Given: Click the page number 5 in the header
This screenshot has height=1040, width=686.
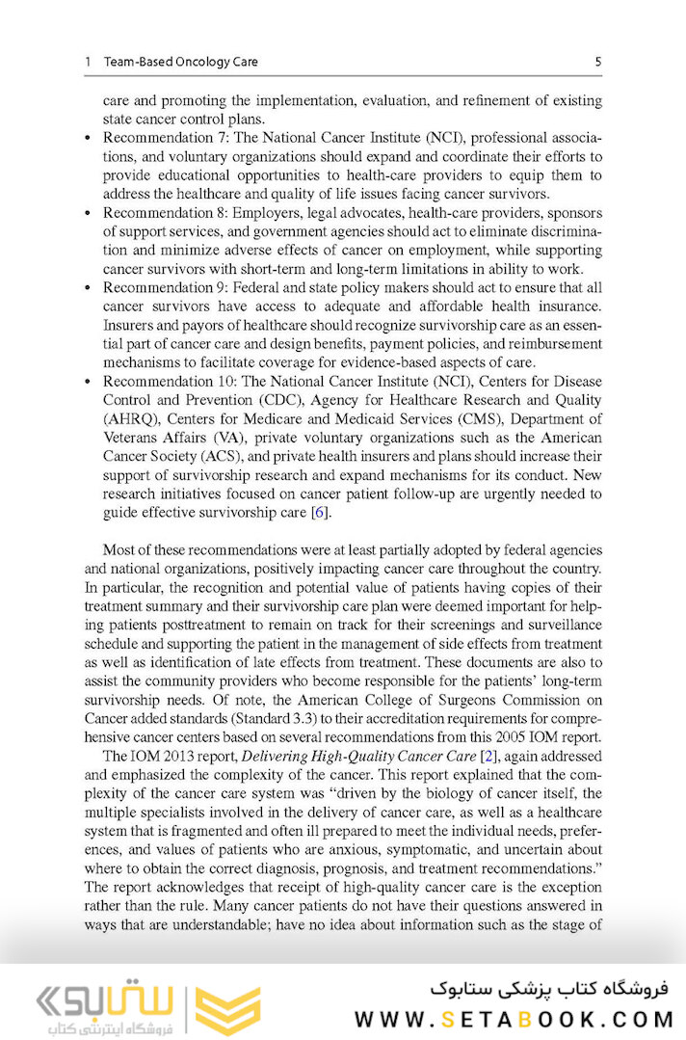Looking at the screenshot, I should click(598, 63).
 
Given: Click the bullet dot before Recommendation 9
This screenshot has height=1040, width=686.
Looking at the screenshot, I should click(89, 288).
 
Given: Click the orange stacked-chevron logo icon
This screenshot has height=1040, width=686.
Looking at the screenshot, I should click(227, 1009).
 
